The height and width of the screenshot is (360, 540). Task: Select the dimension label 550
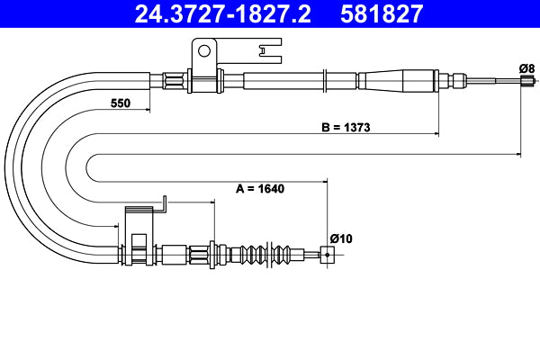pyautogui.click(x=121, y=103)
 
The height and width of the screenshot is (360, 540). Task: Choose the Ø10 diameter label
pyautogui.click(x=340, y=238)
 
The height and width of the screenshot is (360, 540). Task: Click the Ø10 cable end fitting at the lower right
pyautogui.click(x=326, y=255)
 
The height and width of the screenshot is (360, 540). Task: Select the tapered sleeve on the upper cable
pyautogui.click(x=396, y=81)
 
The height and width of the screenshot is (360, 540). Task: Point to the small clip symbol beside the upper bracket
pyautogui.click(x=266, y=54)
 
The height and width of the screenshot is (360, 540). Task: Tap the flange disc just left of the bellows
pyautogui.click(x=211, y=254)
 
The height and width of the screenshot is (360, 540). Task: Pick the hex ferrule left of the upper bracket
pyautogui.click(x=174, y=81)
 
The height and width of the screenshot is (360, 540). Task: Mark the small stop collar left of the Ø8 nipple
pyautogui.click(x=463, y=81)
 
